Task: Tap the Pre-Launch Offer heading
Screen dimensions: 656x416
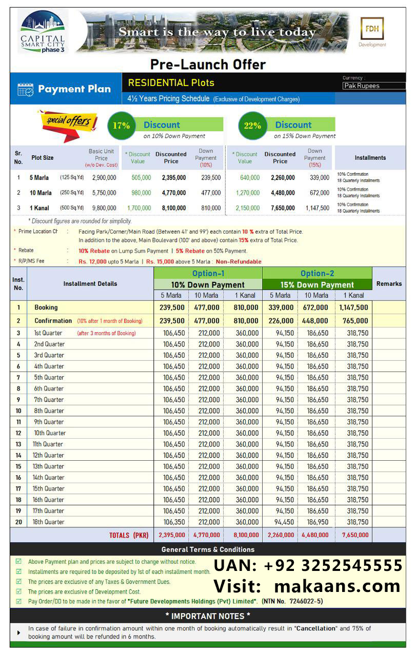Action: pyautogui.click(x=208, y=65)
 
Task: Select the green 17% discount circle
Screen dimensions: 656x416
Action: pyautogui.click(x=122, y=126)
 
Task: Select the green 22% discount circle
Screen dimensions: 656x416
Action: pyautogui.click(x=252, y=126)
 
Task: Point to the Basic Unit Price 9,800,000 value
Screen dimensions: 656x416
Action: pyautogui.click(x=104, y=208)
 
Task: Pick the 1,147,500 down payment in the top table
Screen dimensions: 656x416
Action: pyautogui.click(x=318, y=208)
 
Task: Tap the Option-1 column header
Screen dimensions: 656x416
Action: pyautogui.click(x=208, y=273)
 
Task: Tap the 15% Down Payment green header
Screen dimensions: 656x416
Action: pyautogui.click(x=317, y=284)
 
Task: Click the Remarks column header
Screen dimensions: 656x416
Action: pyautogui.click(x=389, y=283)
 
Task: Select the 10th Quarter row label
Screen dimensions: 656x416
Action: pyautogui.click(x=50, y=433)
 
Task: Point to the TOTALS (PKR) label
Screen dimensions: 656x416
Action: pyautogui.click(x=129, y=535)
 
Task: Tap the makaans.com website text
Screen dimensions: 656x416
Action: pyautogui.click(x=337, y=586)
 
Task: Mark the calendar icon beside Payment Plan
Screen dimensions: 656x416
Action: pyautogui.click(x=25, y=90)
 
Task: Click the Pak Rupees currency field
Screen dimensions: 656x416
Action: pyautogui.click(x=373, y=86)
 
